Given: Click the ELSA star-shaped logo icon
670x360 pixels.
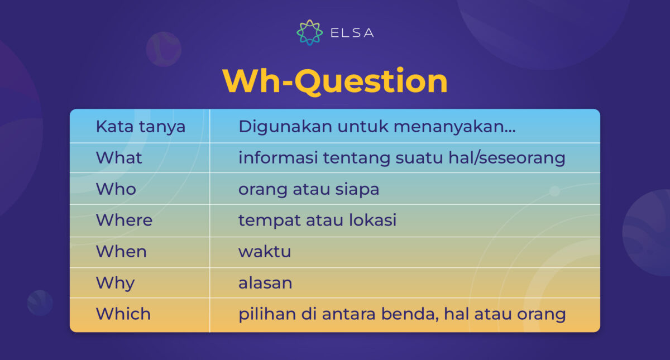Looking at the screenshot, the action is (x=309, y=32).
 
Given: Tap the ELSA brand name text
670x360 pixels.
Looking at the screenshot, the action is (x=352, y=33).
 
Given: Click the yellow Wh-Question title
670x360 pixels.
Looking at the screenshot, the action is (x=335, y=81).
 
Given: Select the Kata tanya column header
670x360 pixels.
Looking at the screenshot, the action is (x=141, y=127).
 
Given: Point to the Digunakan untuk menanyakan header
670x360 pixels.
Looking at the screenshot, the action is (x=377, y=127).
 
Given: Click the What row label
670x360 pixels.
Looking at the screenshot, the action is (x=119, y=157).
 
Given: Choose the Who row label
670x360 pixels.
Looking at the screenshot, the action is (x=116, y=189).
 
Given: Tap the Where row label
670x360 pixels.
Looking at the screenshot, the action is (x=124, y=220).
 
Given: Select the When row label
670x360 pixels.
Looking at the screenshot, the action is (x=121, y=252).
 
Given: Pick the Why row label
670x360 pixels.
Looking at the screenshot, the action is (x=115, y=284).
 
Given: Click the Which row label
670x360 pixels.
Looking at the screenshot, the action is (x=123, y=314).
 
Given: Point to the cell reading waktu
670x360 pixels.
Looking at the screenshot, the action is (x=265, y=252).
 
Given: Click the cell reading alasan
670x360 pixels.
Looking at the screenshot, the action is (x=265, y=283).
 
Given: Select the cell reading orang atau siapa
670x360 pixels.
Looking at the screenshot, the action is (x=309, y=190).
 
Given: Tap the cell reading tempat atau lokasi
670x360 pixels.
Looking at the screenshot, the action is (x=317, y=220).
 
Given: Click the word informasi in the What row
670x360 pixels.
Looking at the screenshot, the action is (x=278, y=157).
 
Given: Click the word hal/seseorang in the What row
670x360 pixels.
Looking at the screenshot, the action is (x=507, y=158).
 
